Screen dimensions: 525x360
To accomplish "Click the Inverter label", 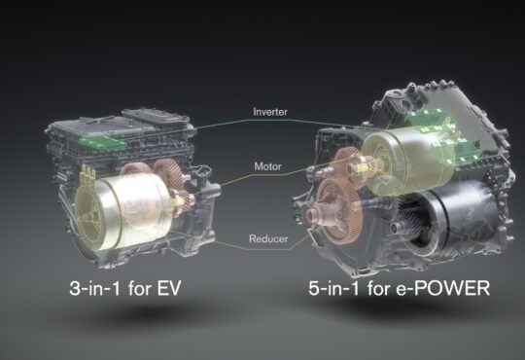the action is tap(270, 111).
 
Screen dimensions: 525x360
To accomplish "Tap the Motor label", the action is tap(268, 166).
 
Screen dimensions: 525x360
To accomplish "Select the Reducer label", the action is tap(268, 238).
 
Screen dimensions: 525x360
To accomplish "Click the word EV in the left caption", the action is tap(169, 288).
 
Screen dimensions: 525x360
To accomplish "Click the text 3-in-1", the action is tap(94, 288).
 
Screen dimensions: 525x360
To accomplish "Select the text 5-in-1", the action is tap(333, 288).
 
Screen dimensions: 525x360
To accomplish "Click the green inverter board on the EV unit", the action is tap(102, 142).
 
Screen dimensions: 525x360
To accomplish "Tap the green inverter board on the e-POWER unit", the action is tap(442, 136).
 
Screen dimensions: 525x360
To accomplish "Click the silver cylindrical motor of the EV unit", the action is tap(122, 211).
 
